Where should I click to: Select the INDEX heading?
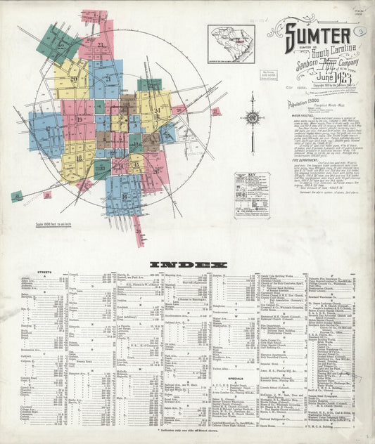[x=188, y=265]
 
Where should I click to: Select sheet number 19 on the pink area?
[x=80, y=120]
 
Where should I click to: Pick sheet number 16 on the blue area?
[x=124, y=196]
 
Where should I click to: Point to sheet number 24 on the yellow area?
[x=157, y=111]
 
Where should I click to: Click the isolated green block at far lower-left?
[x=16, y=196]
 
